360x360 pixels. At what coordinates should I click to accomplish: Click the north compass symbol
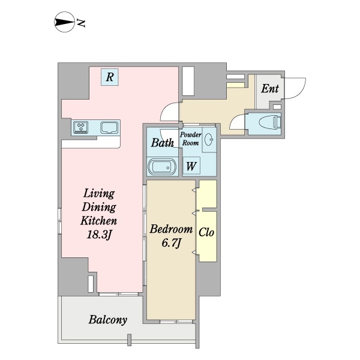65,22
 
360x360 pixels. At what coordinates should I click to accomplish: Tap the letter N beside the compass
81,23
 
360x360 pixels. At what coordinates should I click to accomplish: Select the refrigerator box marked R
110,77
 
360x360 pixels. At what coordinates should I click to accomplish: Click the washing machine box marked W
191,166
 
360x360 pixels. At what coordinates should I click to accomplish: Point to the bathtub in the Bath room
162,167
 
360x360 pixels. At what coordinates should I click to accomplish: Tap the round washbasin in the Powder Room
209,139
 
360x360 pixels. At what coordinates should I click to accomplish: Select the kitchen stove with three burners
81,127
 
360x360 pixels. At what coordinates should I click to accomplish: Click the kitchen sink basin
110,127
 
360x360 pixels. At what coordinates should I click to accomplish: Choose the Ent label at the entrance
270,89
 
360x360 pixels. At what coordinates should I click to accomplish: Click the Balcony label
107,320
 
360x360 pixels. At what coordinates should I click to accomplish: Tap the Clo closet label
206,232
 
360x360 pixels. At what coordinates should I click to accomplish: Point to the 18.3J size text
99,235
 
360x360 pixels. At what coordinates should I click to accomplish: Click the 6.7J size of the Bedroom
171,244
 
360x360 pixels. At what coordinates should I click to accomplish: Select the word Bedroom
171,229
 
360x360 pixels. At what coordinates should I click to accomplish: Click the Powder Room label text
191,139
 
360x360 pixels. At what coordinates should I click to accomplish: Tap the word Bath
163,143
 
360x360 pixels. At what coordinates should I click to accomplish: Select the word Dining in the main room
99,207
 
